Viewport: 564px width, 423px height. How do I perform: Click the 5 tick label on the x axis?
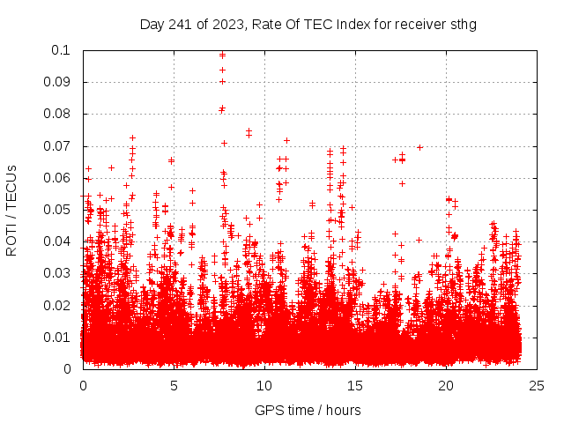click(x=174, y=385)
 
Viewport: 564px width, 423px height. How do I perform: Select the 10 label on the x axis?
click(x=264, y=385)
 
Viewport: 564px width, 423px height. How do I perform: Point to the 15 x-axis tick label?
click(x=355, y=385)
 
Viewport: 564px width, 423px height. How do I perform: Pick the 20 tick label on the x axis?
click(x=446, y=385)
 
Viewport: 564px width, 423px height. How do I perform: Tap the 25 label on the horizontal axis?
click(x=537, y=385)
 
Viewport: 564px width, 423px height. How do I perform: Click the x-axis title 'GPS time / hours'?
click(x=308, y=410)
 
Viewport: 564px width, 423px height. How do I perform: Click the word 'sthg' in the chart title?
click(x=463, y=24)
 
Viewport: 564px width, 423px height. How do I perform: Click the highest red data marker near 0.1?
click(x=222, y=55)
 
